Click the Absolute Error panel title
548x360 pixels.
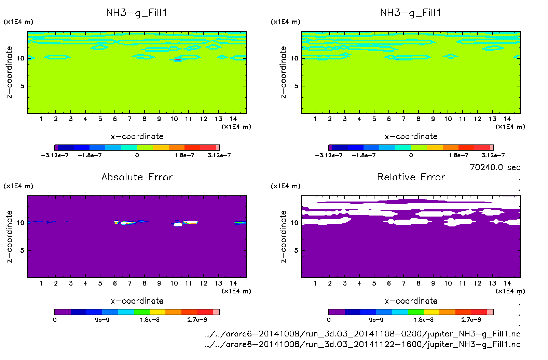[x=137, y=177]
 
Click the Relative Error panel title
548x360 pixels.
[x=411, y=177]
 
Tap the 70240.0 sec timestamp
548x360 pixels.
[x=495, y=167]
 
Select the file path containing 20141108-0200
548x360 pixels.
[x=362, y=334]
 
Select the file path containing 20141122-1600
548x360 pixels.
[x=362, y=344]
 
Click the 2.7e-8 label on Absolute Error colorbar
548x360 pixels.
[x=197, y=320]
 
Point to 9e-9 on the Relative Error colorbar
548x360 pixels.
[x=376, y=320]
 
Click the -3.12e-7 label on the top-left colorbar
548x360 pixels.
[x=55, y=155]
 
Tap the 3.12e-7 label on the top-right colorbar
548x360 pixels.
[x=493, y=155]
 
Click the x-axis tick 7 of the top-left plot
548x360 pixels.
[x=129, y=119]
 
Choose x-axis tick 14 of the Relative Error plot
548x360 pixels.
[x=507, y=283]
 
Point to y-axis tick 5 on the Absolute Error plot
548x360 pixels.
[x=22, y=250]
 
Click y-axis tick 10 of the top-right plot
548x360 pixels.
[x=294, y=58]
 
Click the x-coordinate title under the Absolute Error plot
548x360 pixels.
[x=137, y=301]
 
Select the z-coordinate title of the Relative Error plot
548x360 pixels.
[x=283, y=236]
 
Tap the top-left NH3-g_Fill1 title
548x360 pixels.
[x=137, y=13]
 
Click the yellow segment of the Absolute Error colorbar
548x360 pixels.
[x=157, y=312]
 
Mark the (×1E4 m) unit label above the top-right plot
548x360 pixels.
[x=285, y=22]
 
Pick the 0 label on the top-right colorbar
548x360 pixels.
[x=411, y=155]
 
